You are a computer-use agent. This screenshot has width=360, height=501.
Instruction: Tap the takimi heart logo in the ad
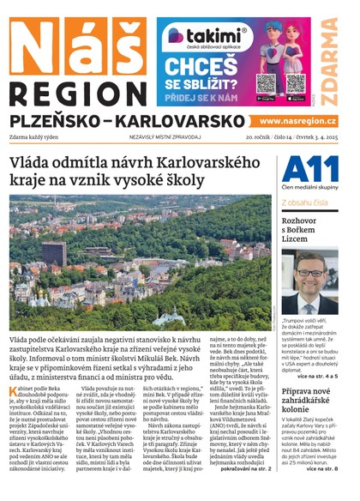176,35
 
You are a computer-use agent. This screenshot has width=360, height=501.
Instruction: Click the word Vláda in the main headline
32,164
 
